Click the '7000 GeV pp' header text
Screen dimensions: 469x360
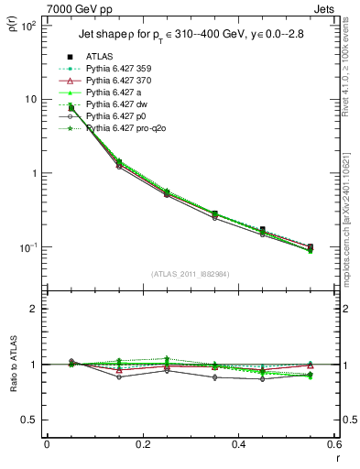tap(77, 8)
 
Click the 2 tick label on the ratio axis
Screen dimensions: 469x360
tap(34, 309)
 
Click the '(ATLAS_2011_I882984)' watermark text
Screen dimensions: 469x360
tap(190, 273)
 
